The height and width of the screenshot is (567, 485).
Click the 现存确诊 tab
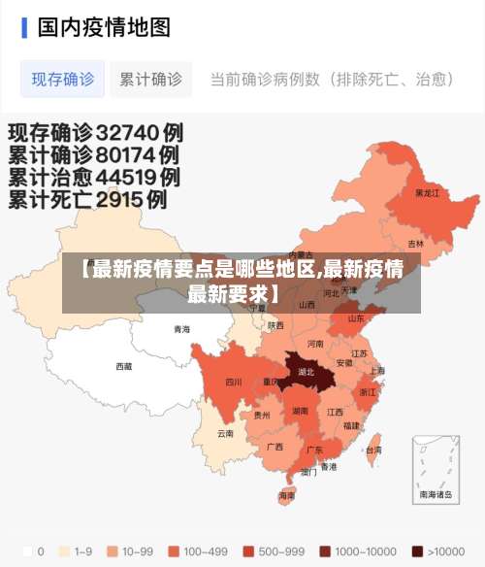(x=62, y=80)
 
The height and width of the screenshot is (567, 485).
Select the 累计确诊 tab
(x=150, y=80)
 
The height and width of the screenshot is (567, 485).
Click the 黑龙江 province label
(x=427, y=193)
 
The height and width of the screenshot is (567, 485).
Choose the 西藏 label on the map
(x=124, y=366)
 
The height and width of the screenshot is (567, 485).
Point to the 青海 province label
(x=181, y=329)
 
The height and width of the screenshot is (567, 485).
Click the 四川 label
(x=233, y=382)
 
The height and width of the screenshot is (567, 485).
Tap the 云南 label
(x=225, y=433)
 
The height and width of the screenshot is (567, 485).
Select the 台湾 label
(x=372, y=450)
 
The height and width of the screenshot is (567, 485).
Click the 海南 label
(x=286, y=495)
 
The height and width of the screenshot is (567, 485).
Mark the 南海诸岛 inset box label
(x=435, y=494)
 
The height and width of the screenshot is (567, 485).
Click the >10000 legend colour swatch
(x=417, y=551)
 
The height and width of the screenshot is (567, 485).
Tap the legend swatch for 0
(x=26, y=551)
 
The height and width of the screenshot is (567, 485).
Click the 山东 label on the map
(x=356, y=317)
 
